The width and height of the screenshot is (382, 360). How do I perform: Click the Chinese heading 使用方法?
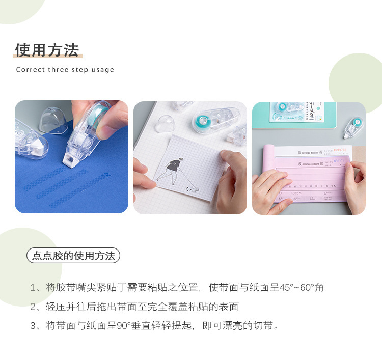[x=47, y=50]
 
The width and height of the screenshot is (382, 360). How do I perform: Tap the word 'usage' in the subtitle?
[x=102, y=70]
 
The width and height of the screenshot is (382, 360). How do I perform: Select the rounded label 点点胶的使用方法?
[x=73, y=255]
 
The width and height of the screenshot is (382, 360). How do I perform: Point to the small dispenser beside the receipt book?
[x=354, y=127]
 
